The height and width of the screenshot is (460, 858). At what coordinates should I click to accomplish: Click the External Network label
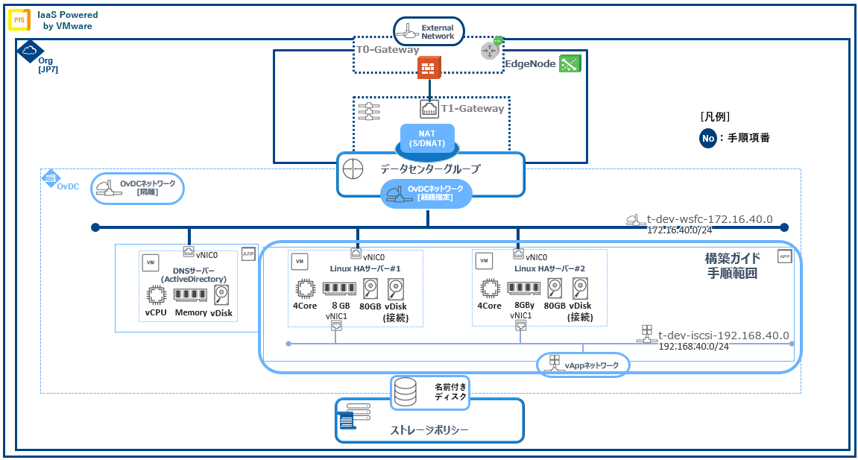(438, 32)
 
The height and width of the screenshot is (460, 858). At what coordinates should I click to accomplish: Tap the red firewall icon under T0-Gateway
(429, 68)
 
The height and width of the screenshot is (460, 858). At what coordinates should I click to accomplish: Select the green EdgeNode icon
(570, 64)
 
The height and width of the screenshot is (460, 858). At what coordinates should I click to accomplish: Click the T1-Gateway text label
(473, 109)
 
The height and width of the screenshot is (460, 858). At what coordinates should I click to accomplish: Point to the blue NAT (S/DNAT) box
(427, 137)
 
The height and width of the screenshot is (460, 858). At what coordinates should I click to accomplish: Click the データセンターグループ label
(430, 168)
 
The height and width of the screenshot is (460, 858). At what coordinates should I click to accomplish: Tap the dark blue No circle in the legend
(708, 138)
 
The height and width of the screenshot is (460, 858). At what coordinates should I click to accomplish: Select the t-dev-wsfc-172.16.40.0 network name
(709, 220)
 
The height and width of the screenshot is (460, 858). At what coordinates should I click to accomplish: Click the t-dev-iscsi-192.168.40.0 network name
(723, 335)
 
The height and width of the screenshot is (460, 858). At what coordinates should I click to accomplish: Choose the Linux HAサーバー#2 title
(549, 268)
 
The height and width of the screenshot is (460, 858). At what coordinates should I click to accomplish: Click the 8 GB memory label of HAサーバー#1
(341, 306)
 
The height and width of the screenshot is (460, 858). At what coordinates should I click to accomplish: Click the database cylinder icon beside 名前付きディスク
(406, 392)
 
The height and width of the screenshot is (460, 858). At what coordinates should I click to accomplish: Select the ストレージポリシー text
(429, 430)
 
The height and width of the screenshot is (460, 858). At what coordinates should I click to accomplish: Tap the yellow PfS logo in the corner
(19, 19)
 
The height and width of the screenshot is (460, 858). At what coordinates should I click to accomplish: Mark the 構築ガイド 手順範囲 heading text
(732, 265)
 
